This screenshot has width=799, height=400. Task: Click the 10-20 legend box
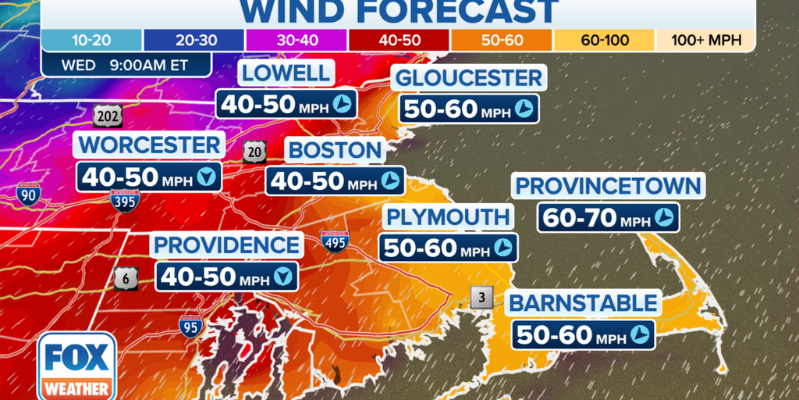92,40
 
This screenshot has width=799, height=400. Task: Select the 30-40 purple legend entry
297,40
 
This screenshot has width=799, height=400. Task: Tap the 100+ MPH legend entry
705,40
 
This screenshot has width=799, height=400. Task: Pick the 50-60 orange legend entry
502,40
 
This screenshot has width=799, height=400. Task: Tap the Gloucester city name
468,78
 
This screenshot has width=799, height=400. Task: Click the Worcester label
150,145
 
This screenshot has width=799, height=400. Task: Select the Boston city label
334,150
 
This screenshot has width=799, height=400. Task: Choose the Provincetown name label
609,186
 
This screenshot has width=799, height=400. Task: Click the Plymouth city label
448,216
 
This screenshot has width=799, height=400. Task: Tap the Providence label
227,245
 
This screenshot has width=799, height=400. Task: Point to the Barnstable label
583,302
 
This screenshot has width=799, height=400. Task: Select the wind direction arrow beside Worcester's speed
207,177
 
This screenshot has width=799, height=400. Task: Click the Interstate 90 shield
27,193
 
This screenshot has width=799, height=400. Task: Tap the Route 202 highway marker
107,117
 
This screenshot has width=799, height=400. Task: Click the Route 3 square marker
481,297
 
